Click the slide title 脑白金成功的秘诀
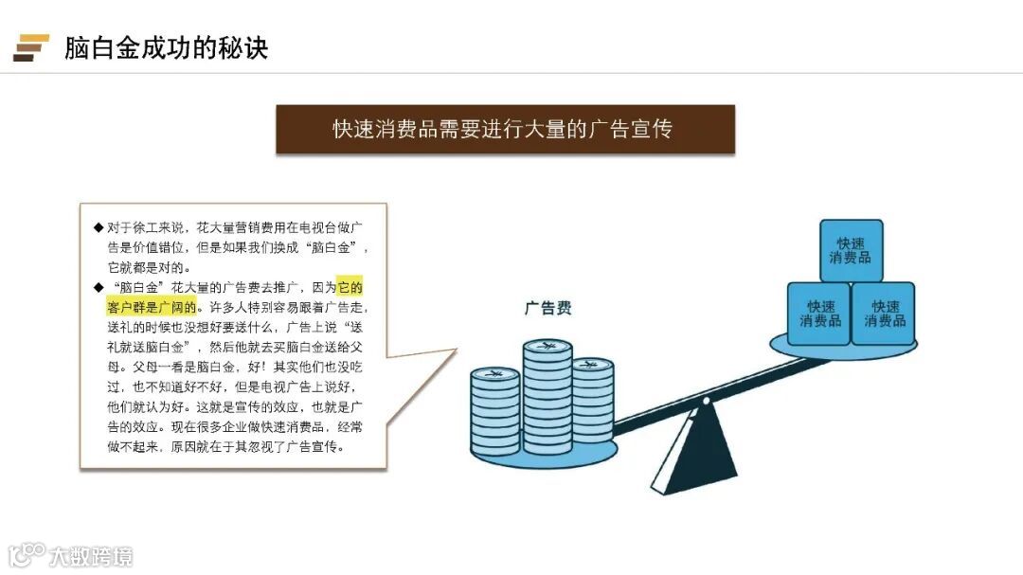click(166, 47)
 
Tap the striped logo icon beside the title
click(31, 47)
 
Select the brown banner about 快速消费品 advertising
click(505, 129)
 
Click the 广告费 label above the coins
click(548, 308)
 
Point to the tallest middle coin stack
click(547, 398)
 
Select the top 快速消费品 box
click(851, 250)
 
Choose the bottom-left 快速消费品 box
click(819, 314)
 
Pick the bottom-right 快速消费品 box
click(884, 314)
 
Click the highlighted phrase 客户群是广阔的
click(152, 307)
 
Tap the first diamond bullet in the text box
click(98, 228)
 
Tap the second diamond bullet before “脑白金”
click(98, 286)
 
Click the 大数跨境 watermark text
click(91, 555)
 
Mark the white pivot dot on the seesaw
click(705, 401)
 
